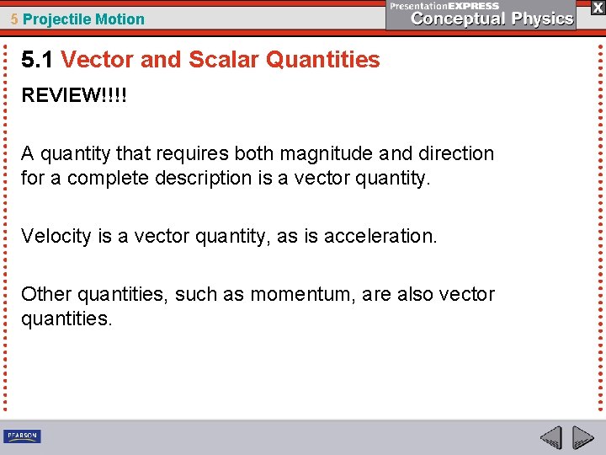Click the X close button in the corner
point(598,7)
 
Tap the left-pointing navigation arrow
point(550,437)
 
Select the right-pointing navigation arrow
point(582,437)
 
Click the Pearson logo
point(22,436)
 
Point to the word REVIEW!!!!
point(74,95)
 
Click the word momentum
point(298,294)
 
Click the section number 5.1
point(38,60)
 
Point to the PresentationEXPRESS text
point(444,6)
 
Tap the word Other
point(46,294)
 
